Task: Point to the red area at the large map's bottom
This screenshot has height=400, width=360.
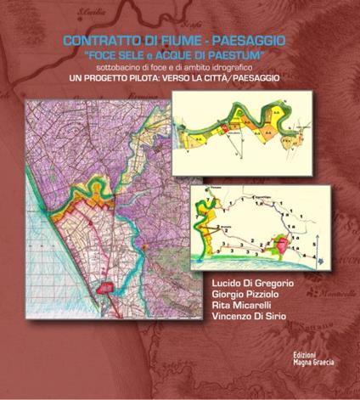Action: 104,288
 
